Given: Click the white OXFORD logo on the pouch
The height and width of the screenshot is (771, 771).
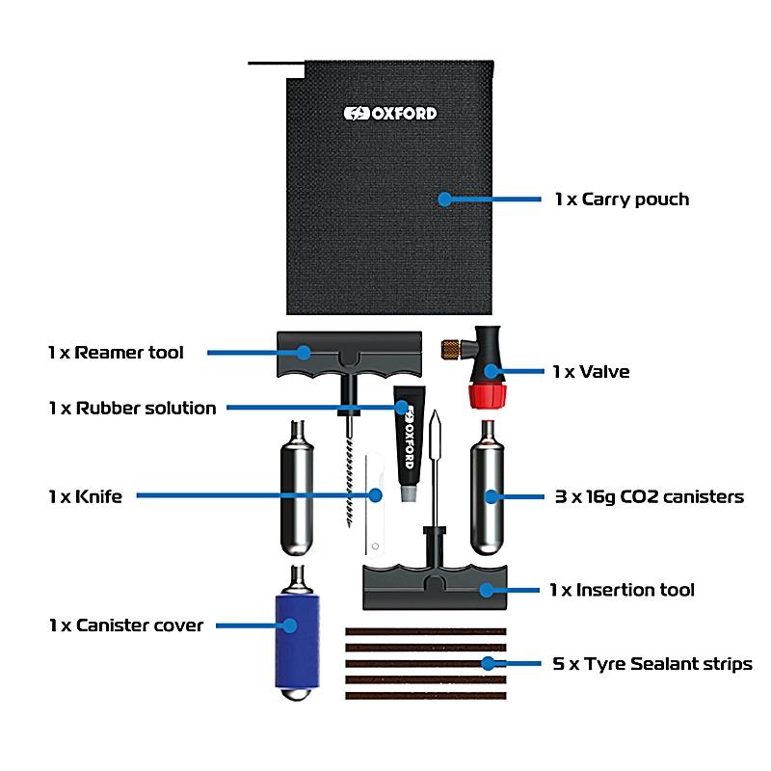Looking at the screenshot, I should [390, 113].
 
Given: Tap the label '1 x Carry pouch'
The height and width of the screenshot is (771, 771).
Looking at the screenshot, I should [622, 199].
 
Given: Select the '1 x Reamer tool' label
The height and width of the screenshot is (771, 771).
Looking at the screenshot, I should [116, 353].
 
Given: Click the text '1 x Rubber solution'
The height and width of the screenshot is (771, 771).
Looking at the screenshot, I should [132, 408].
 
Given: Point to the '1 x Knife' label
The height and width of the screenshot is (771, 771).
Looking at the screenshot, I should [85, 496].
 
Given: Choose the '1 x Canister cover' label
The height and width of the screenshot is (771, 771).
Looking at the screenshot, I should [126, 625].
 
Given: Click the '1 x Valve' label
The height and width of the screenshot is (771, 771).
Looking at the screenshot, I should [592, 371].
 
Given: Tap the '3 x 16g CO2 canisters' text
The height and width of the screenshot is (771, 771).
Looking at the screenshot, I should [648, 497].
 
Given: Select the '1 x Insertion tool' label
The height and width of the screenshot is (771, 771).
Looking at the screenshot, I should [622, 589].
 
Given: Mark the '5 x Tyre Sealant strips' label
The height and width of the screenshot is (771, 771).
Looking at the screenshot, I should [652, 663].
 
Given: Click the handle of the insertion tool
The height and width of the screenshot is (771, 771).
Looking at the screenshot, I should [433, 587].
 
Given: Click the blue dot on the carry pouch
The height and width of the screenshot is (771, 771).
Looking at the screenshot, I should [444, 199].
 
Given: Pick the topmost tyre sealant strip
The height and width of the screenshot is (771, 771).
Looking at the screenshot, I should [425, 631].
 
